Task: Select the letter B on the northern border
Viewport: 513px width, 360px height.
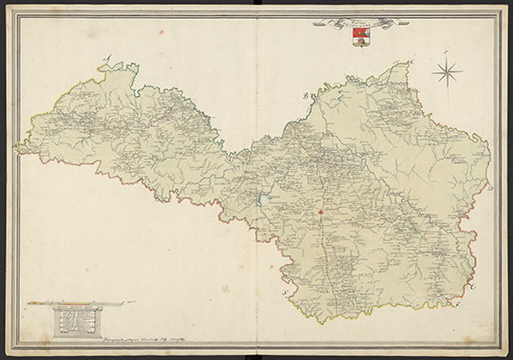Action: [x=306, y=96]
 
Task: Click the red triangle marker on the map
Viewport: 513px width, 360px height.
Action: [x=322, y=210]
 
